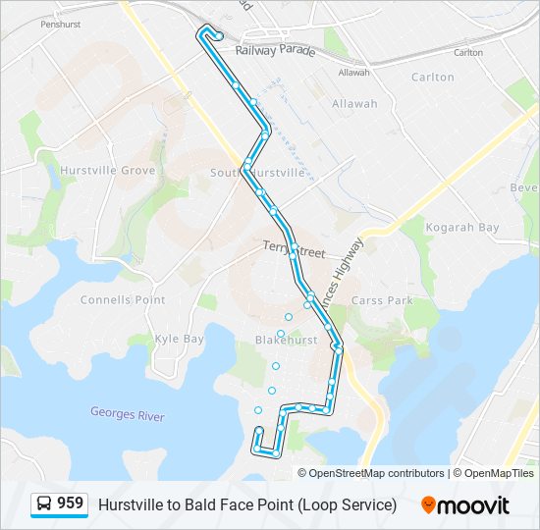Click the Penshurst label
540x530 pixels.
60,23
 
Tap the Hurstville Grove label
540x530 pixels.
108,171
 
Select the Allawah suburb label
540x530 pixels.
354,104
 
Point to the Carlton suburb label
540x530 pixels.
433,77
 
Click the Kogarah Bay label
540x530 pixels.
462,228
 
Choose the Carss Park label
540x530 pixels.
382,300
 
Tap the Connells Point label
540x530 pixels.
123,300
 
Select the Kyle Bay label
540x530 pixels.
179,339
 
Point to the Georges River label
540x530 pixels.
128,416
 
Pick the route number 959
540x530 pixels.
70,503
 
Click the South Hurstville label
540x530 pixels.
258,173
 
